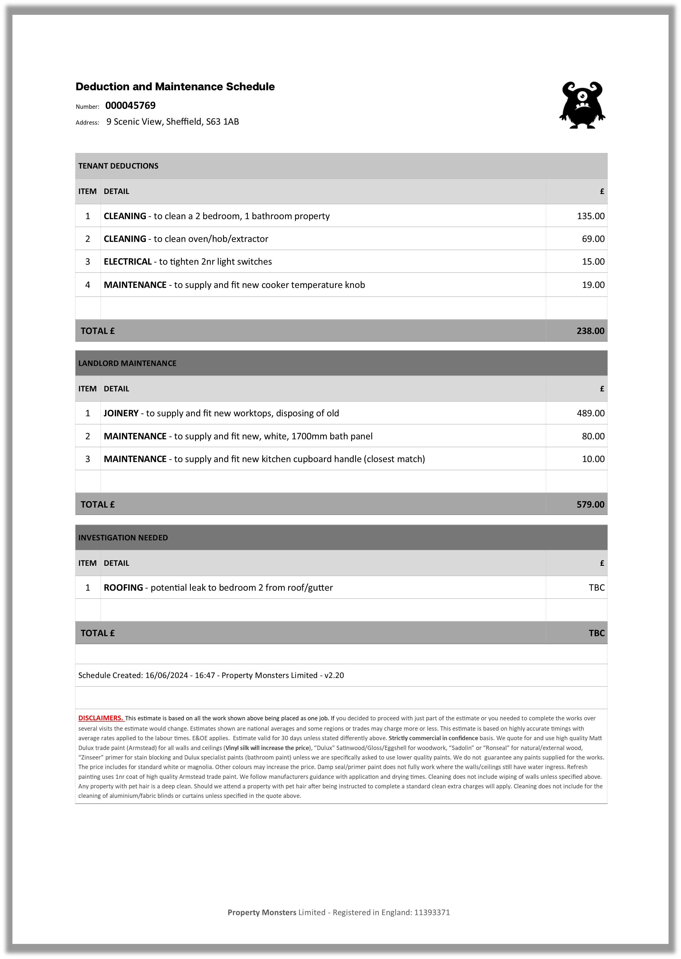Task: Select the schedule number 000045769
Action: click(130, 106)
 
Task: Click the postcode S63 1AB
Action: click(222, 121)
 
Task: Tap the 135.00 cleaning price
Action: click(590, 216)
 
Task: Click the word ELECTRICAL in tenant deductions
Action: click(128, 261)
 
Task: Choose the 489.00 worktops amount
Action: click(590, 413)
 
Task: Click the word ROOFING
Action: click(123, 588)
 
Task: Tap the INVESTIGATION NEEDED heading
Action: click(123, 538)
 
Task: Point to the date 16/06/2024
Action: click(166, 675)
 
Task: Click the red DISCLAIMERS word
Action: click(101, 718)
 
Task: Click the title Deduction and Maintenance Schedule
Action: click(175, 87)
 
